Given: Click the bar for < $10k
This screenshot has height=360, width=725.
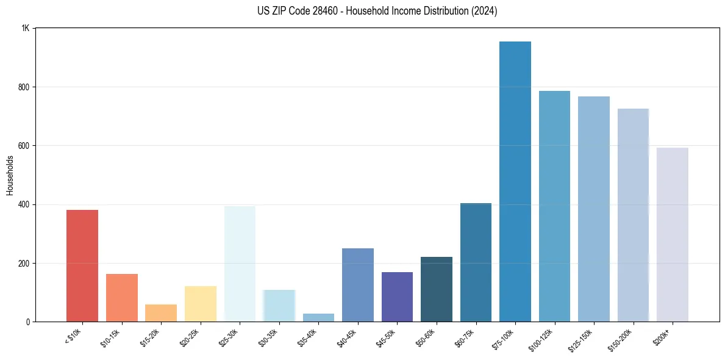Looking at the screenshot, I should tap(82, 265).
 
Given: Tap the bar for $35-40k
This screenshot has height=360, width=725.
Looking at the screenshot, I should tap(318, 317).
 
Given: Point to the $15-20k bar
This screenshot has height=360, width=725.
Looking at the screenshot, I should tap(161, 312).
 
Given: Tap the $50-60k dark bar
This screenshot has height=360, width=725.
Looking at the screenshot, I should tap(437, 289).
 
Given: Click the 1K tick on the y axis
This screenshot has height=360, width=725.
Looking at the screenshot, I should tap(26, 29).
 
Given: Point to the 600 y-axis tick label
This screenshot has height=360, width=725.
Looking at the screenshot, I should tap(24, 146).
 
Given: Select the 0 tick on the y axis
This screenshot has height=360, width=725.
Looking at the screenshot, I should tap(28, 322).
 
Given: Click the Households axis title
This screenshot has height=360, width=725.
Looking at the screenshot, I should tap(10, 175).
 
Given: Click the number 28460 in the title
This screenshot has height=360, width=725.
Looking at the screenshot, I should tap(312, 11).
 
